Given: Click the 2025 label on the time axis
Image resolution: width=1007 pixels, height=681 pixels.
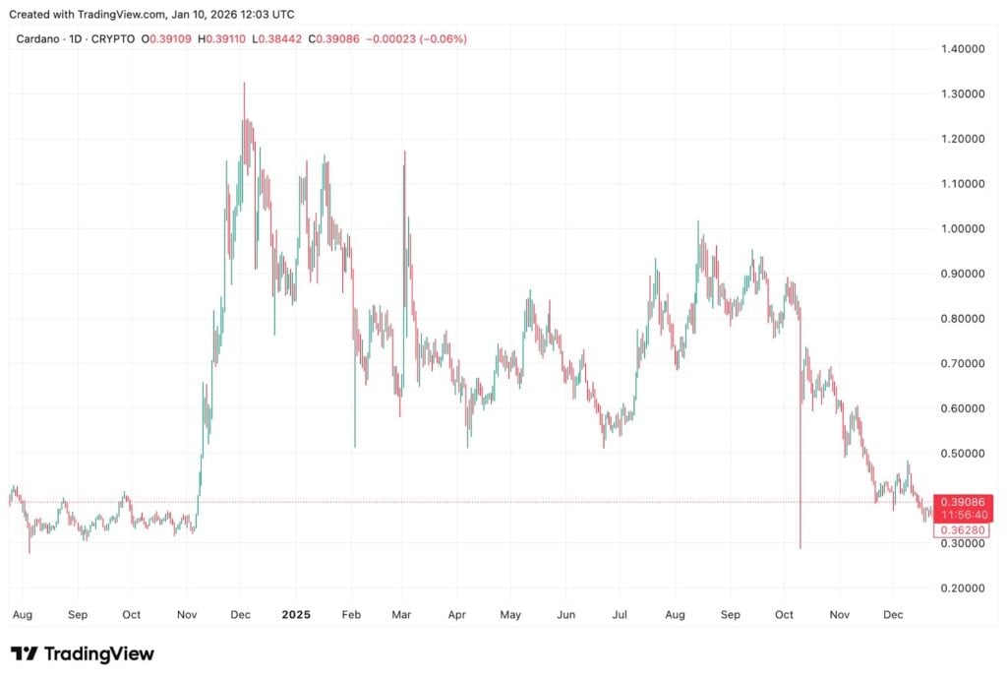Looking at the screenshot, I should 296,615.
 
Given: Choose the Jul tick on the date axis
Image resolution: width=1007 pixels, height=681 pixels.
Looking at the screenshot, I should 619,615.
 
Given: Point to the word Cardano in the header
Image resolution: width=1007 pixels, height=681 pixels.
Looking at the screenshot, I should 38,38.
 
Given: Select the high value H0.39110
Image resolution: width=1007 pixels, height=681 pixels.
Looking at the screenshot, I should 222,38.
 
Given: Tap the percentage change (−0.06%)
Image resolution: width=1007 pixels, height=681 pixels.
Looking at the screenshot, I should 443,38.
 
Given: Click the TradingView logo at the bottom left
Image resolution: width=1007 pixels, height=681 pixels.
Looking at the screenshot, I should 83,653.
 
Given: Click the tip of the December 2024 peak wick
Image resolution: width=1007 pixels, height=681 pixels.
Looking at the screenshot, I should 244,83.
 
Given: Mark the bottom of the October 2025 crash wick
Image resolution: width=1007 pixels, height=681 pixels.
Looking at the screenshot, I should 800,548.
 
